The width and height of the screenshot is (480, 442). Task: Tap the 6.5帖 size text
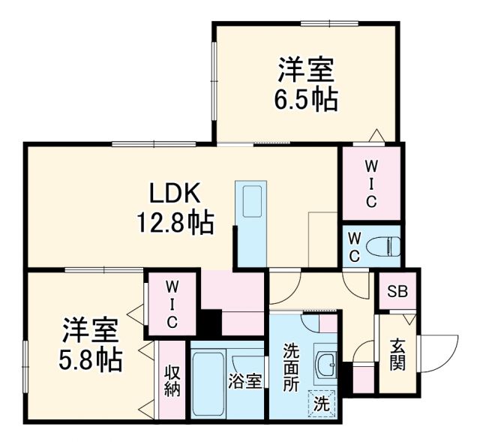click(x=306, y=99)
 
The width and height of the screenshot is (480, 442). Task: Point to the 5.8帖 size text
click(x=91, y=359)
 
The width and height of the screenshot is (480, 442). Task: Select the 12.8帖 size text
click(x=174, y=223)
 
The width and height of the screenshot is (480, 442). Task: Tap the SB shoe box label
click(x=397, y=292)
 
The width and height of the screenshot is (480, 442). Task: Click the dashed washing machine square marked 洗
click(x=322, y=403)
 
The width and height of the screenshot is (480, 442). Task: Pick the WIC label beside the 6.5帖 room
click(x=370, y=183)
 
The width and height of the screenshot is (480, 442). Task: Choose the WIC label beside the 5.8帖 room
click(x=172, y=305)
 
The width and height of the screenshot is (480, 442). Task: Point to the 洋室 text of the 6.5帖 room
click(x=306, y=71)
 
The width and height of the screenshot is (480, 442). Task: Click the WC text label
click(x=355, y=246)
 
